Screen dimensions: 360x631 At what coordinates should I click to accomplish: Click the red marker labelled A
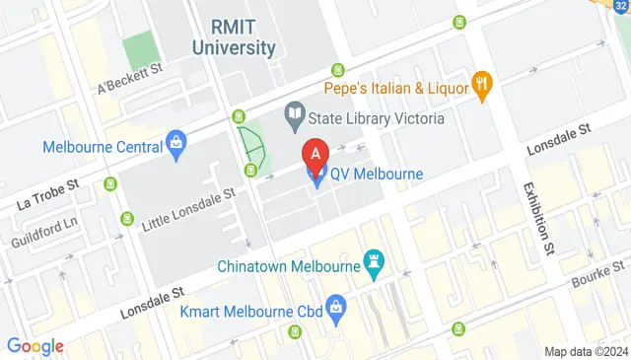pyautogui.click(x=315, y=156)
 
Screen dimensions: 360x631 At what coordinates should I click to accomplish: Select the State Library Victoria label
pyautogui.click(x=375, y=117)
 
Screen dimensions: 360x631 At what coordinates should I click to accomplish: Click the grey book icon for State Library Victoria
pyautogui.click(x=294, y=116)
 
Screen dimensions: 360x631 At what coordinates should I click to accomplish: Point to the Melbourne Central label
pyautogui.click(x=102, y=147)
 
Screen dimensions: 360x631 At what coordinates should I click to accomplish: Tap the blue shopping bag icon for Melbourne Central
pyautogui.click(x=175, y=144)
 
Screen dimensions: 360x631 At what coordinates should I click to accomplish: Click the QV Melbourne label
pyautogui.click(x=376, y=174)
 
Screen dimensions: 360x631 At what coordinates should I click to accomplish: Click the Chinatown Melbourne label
pyautogui.click(x=288, y=266)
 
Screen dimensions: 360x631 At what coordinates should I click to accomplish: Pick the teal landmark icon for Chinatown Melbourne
pyautogui.click(x=374, y=262)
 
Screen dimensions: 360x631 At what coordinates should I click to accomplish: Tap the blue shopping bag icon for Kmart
pyautogui.click(x=335, y=306)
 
